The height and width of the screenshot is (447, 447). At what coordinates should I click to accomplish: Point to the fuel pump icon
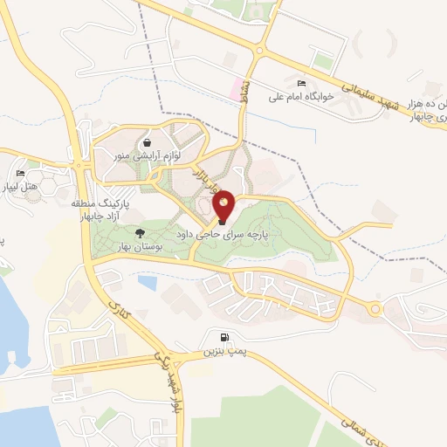click(226, 338)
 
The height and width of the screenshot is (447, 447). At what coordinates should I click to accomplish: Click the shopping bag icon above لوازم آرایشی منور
click(146, 142)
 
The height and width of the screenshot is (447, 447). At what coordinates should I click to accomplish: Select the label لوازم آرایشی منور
click(143, 155)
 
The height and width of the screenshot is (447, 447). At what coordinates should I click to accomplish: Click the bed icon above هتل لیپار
click(20, 173)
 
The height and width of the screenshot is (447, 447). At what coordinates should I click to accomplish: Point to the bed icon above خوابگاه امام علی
click(302, 82)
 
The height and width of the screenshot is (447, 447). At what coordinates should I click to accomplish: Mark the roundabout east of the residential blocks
click(376, 308)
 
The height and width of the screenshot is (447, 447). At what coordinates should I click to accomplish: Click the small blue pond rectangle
click(148, 283)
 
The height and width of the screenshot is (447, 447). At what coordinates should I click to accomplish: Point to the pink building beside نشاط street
click(235, 88)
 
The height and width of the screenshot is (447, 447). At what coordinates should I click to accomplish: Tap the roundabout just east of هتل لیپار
click(79, 166)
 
